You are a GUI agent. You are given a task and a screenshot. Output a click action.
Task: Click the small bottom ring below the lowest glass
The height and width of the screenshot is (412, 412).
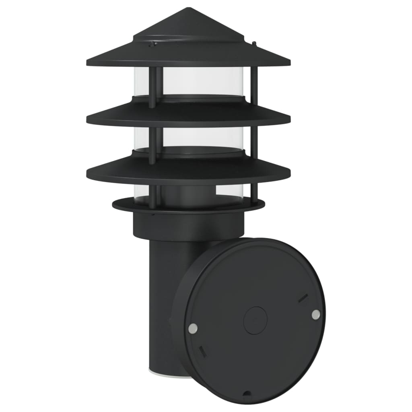pyautogui.click(x=188, y=205)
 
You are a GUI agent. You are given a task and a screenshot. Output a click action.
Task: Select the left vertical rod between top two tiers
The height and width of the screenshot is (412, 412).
pyautogui.click(x=152, y=87)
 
